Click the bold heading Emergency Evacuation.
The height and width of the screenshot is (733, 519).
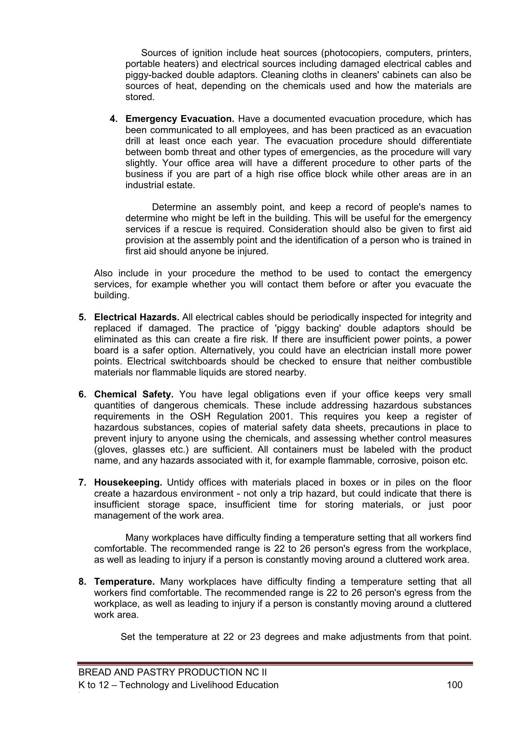coord(180,119)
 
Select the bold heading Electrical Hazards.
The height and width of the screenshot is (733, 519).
coord(136,317)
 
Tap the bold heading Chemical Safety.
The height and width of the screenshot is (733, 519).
coord(134,394)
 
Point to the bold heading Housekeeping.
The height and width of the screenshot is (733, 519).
coord(128,483)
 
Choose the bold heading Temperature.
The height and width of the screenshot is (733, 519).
coord(124,582)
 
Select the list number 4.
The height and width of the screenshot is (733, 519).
coord(114,119)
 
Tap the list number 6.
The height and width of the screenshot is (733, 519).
coord(82,394)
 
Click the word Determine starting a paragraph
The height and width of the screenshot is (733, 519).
coord(174,207)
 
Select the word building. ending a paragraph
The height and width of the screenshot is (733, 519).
coord(112,296)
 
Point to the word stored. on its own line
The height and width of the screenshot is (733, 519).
coord(140,97)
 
